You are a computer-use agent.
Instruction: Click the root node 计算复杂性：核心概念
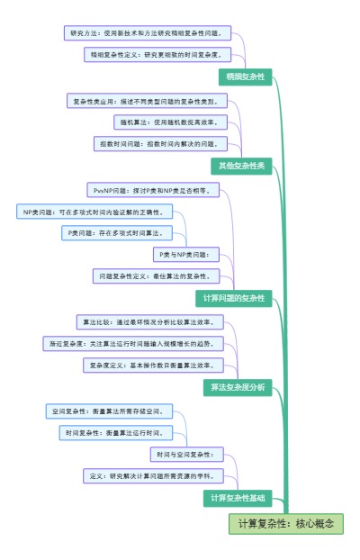pos(286,523)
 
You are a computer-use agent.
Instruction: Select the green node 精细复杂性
pos(245,77)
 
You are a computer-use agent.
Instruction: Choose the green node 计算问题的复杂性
pos(233,298)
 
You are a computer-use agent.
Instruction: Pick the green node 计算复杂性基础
pos(238,497)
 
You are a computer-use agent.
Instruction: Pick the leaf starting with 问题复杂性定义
pos(154,275)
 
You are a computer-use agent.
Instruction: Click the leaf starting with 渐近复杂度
pos(131,343)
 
